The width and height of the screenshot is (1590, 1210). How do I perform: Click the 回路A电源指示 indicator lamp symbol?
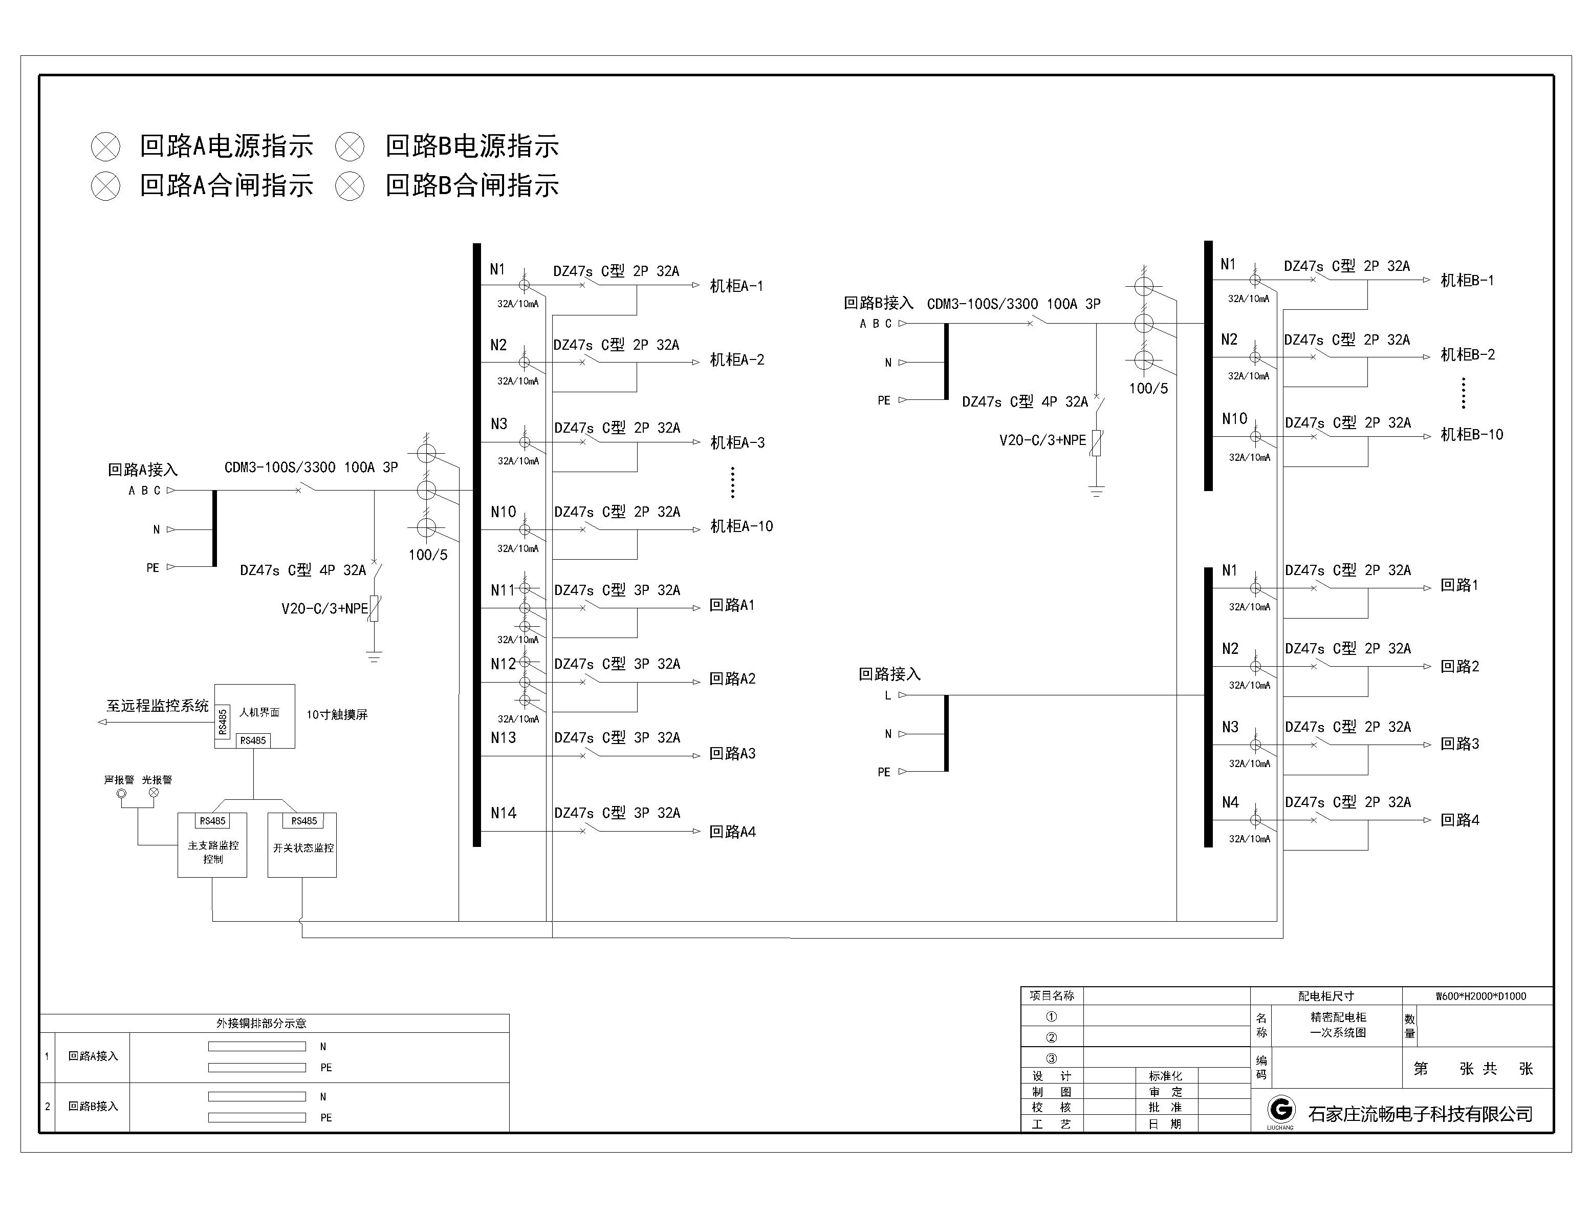click(x=106, y=147)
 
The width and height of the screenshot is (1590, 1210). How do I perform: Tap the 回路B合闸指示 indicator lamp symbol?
click(x=350, y=186)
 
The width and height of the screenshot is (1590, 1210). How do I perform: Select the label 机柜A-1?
click(x=736, y=286)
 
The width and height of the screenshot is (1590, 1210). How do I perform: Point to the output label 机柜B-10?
click(x=1471, y=434)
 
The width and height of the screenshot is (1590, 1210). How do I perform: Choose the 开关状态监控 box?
click(x=302, y=845)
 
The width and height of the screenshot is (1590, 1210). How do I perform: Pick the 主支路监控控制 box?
click(x=212, y=845)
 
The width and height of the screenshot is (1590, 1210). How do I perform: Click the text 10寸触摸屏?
click(x=337, y=714)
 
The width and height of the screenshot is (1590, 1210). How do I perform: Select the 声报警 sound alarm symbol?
click(x=122, y=794)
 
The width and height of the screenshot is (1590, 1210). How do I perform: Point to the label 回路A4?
click(x=732, y=832)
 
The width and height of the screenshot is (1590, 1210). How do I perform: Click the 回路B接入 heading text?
click(x=878, y=303)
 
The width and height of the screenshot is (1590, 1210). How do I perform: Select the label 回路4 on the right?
click(x=1460, y=820)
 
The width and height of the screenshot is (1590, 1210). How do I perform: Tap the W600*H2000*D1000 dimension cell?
click(x=1480, y=996)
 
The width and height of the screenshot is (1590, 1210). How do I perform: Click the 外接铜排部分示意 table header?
click(x=262, y=1023)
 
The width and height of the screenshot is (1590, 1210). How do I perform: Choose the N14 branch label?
click(x=503, y=813)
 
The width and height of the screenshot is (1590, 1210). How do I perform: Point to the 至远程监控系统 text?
click(x=158, y=706)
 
